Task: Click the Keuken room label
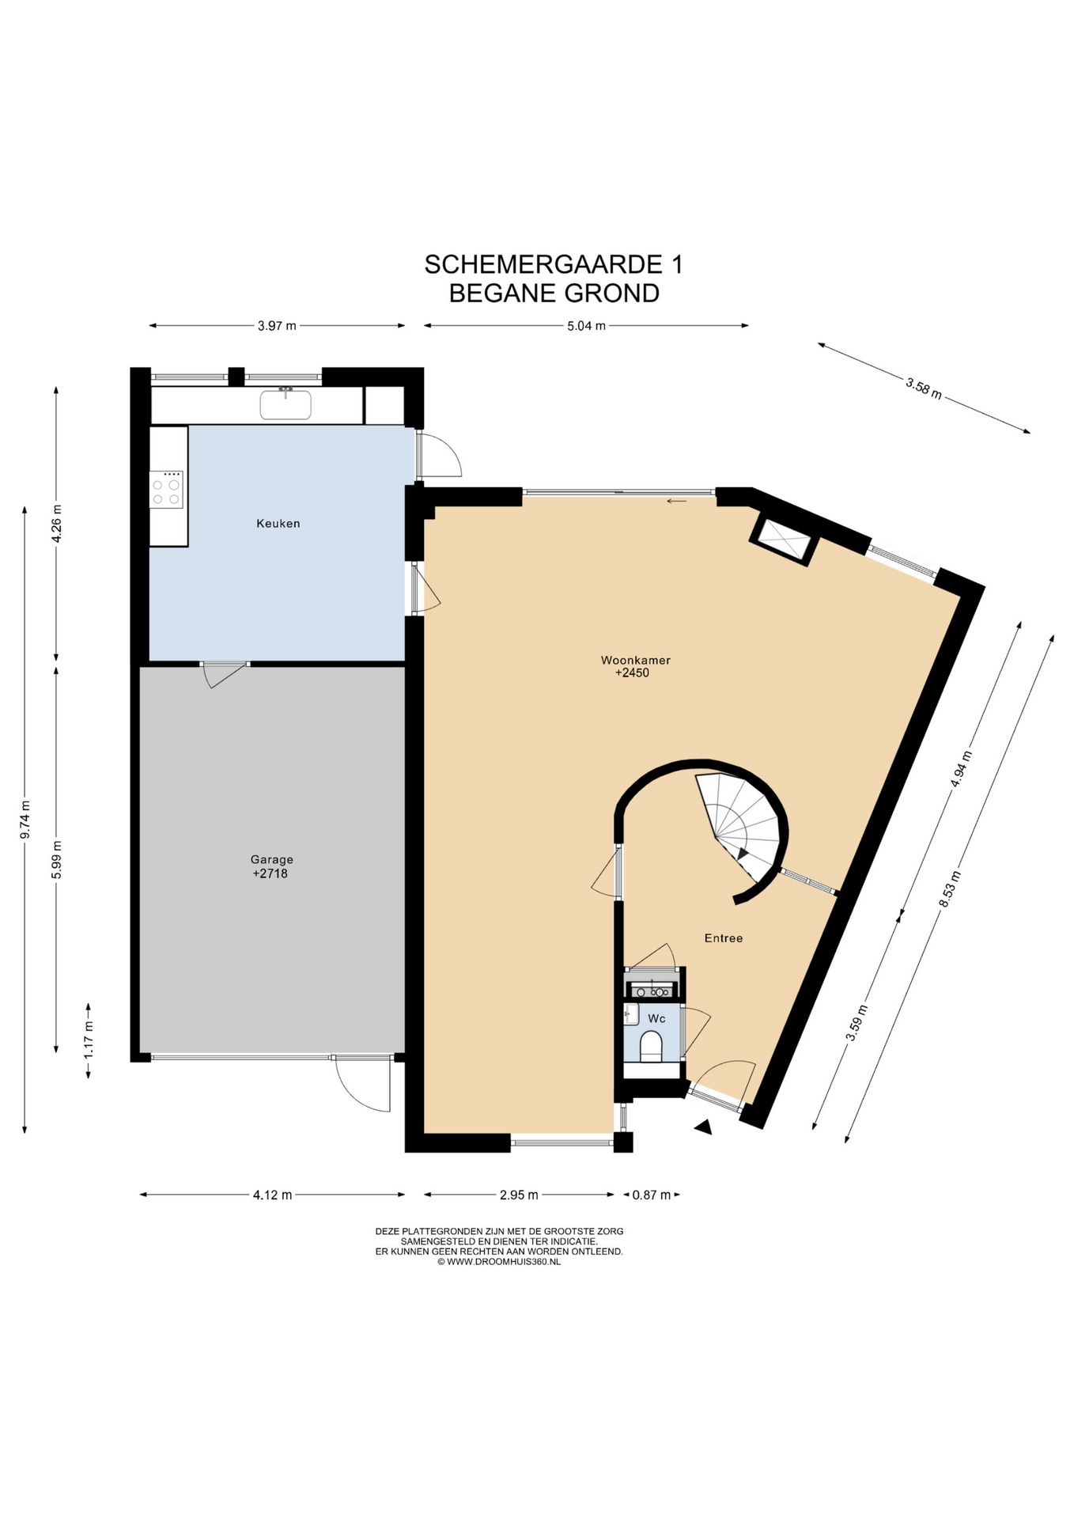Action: (x=278, y=523)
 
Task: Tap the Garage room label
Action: (x=271, y=859)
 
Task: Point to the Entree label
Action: (x=723, y=938)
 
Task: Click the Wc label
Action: (x=656, y=1018)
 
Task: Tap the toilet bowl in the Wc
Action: (x=651, y=1045)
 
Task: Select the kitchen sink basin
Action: (x=286, y=405)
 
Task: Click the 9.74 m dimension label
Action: (x=25, y=820)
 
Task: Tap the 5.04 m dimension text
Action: (x=586, y=325)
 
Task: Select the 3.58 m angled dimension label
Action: (x=924, y=388)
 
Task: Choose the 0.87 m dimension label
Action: (x=651, y=1195)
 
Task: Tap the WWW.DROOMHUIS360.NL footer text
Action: (x=504, y=1262)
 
